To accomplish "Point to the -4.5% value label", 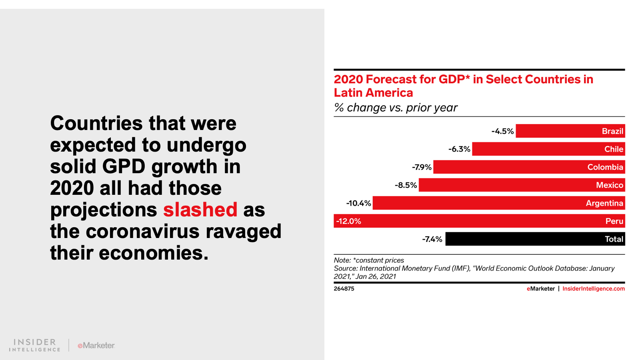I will click(x=502, y=131).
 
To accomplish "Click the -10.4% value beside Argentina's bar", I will click(x=358, y=203).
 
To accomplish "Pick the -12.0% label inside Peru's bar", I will click(x=348, y=221).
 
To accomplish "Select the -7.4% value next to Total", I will click(x=432, y=239).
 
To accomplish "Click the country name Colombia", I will click(x=605, y=167).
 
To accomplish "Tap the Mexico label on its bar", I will click(x=609, y=185).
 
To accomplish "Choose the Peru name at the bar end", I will click(x=614, y=221).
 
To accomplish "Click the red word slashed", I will click(x=200, y=210).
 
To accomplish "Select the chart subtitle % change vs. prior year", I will click(x=396, y=108).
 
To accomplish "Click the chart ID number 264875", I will click(x=344, y=289).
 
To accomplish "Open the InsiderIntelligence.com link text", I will click(x=593, y=289).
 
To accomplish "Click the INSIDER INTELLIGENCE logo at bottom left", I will click(x=35, y=345).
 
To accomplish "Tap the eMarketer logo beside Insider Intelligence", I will click(x=96, y=345).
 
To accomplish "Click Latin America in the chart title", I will click(x=373, y=93).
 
